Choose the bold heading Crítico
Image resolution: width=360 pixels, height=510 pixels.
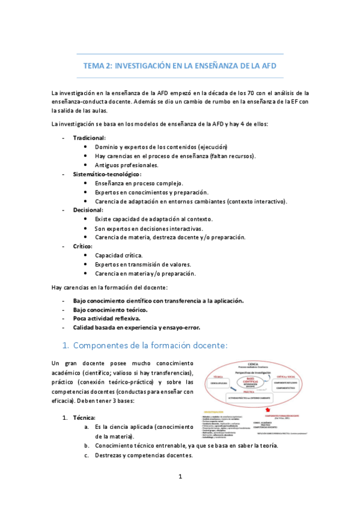click(x=84, y=246)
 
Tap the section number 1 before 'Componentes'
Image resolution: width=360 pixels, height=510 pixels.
click(x=67, y=345)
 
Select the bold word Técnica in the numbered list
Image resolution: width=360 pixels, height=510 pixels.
click(x=84, y=417)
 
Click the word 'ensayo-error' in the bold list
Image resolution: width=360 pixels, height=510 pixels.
click(x=182, y=327)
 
